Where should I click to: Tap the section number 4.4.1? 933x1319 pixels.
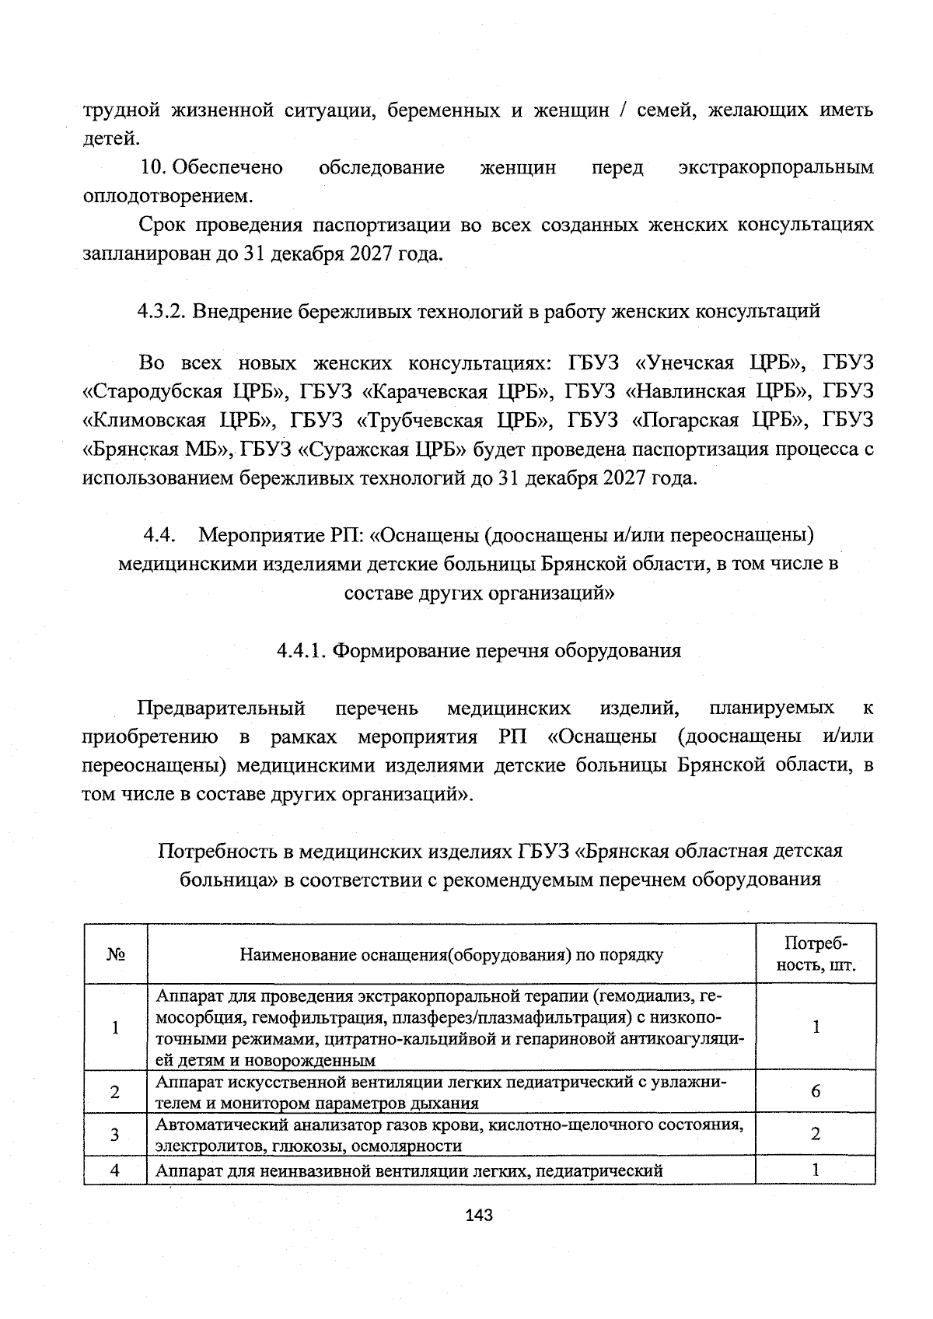tap(302, 651)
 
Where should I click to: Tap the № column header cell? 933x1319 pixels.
tap(115, 954)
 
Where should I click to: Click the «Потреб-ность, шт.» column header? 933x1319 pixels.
tap(815, 954)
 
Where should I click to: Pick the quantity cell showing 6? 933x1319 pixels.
tap(815, 1091)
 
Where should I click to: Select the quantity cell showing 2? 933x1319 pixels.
tap(815, 1134)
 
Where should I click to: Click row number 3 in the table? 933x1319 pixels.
tap(115, 1134)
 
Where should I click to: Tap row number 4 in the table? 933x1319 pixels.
tap(115, 1170)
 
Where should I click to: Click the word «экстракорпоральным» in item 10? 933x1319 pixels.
tap(775, 168)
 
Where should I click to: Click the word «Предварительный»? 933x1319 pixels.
tap(221, 708)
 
